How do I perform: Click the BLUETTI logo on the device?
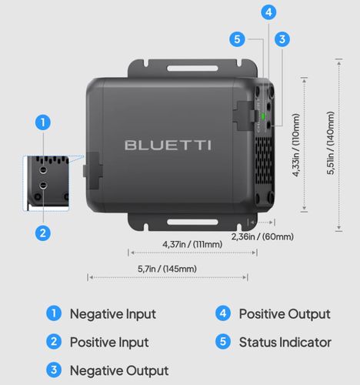pos(168,145)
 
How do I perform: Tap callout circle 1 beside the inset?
pos(44,122)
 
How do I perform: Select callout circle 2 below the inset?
pos(44,232)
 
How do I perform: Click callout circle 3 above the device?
pos(282,38)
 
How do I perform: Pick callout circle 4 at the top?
pos(268,12)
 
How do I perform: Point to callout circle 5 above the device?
pos(238,38)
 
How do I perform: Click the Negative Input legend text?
pos(112,314)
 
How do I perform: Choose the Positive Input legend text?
pos(109,342)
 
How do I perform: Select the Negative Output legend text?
pos(118,370)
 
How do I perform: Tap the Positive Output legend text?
pos(284,314)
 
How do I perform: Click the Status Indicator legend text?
pos(285,342)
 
